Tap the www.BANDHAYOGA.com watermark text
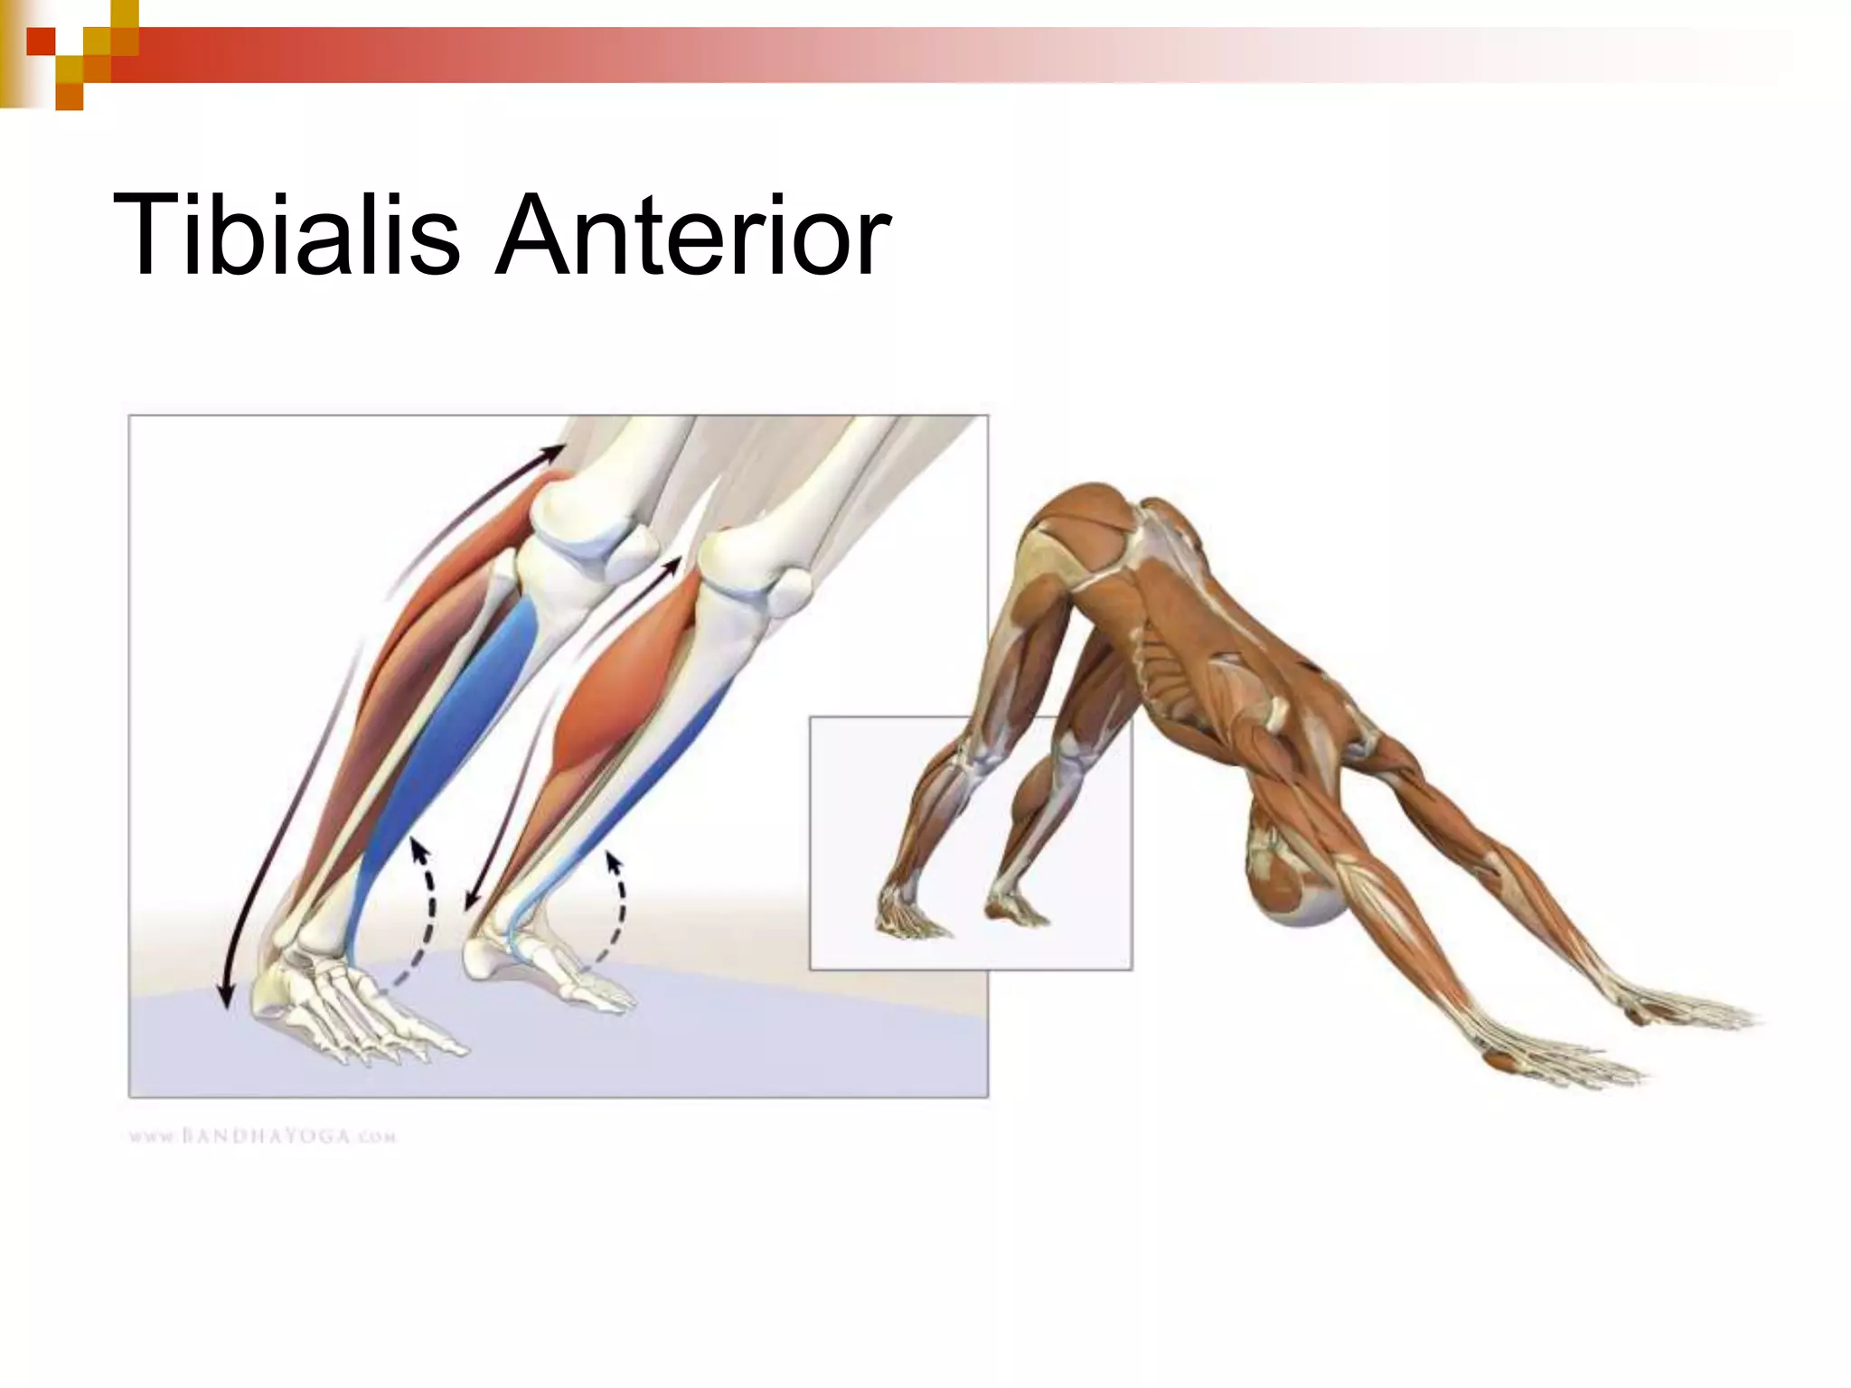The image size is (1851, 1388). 262,1136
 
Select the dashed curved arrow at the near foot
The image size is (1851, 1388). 421,913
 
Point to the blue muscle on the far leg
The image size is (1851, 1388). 669,768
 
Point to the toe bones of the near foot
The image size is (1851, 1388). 407,1039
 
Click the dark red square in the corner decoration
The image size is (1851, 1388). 40,42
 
